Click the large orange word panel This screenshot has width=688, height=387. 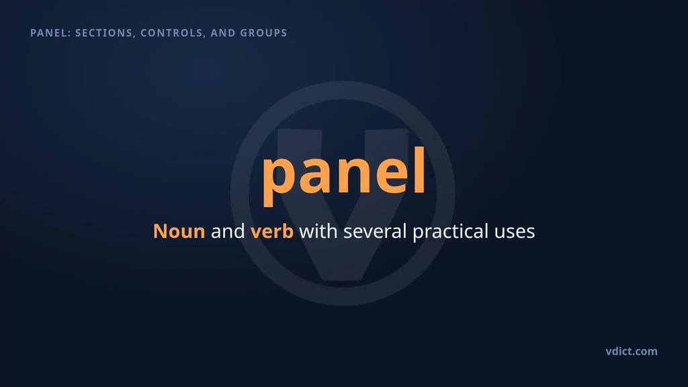coord(343,175)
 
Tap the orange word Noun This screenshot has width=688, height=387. coord(179,231)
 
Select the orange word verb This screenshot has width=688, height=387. coord(271,231)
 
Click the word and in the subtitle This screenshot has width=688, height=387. coord(228,231)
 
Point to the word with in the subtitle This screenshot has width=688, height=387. coord(318,231)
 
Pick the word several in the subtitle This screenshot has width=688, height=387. coord(375,231)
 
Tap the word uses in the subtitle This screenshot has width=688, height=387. coord(514,232)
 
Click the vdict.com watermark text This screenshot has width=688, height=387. coord(632,351)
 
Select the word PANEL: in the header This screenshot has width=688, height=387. coord(50,33)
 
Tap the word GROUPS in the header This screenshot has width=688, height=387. coord(263,33)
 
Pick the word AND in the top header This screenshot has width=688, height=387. coord(222,33)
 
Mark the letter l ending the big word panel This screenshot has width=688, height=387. coord(419,170)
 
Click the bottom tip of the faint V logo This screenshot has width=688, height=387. coord(343,280)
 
